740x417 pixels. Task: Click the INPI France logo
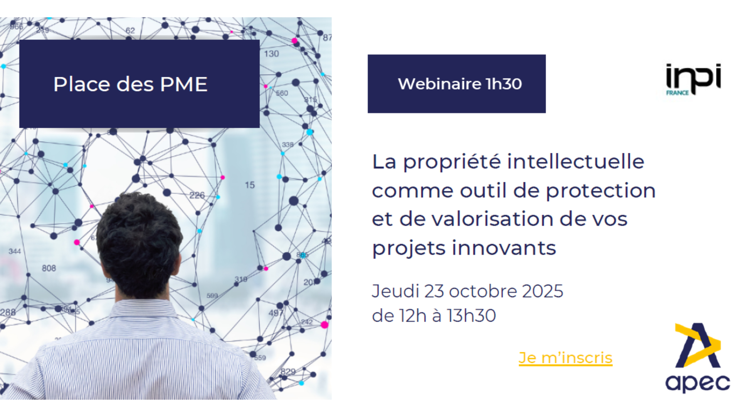coord(693,79)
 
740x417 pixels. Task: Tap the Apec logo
coord(698,358)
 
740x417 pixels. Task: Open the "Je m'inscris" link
coord(565,358)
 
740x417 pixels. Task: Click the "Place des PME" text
coord(130,84)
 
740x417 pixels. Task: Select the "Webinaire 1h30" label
coord(460,84)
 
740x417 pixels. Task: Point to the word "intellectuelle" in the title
coord(575,161)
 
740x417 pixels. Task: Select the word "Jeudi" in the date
coord(395,291)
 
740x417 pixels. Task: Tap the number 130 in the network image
coord(271,54)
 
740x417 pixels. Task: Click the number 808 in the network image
coord(49,268)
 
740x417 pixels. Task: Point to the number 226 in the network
coord(197,195)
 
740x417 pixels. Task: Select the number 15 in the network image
coord(250,185)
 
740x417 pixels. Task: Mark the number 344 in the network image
coord(15,251)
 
